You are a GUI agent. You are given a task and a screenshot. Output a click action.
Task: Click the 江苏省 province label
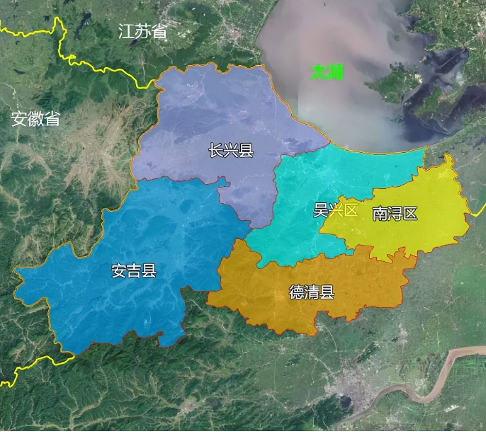tap(143, 32)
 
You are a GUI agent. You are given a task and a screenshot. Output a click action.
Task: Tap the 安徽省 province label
tap(36, 119)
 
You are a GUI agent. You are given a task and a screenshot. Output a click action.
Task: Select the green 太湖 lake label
tap(327, 72)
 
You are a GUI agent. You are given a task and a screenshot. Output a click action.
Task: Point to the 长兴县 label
tap(231, 151)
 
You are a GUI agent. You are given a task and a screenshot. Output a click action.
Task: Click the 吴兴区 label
tap(336, 210)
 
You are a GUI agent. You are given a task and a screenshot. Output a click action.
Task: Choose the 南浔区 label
tap(395, 214)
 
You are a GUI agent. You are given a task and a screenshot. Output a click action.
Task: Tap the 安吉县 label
tap(134, 271)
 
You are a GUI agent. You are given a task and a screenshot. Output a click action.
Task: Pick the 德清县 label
tap(312, 293)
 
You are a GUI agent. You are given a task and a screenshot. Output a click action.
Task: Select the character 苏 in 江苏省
tap(143, 32)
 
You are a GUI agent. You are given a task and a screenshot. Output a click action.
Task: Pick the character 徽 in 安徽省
tap(36, 119)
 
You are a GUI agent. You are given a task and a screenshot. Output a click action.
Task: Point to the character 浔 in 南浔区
tap(395, 214)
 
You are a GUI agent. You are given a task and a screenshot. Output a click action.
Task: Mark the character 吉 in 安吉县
tap(134, 271)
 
